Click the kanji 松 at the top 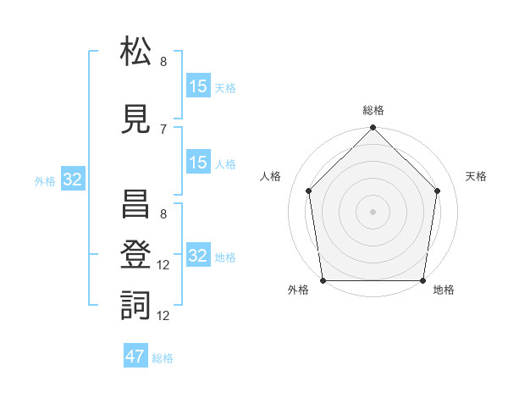click(x=135, y=51)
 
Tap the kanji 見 click(x=135, y=119)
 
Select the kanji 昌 click(x=135, y=204)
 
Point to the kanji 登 click(x=135, y=254)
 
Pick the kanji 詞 click(x=135, y=306)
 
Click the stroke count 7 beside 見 click(x=163, y=130)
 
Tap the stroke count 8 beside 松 click(x=163, y=62)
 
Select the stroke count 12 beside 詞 click(x=163, y=316)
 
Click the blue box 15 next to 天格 click(x=199, y=86)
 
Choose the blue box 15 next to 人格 click(x=199, y=162)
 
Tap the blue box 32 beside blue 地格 click(x=199, y=254)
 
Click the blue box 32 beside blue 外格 click(x=73, y=179)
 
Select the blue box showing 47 click(x=135, y=355)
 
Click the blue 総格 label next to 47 click(x=163, y=358)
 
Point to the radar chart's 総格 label click(x=373, y=110)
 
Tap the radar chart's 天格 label click(x=476, y=176)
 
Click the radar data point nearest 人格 click(x=309, y=191)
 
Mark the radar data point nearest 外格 click(x=323, y=280)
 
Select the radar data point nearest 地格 click(x=422, y=280)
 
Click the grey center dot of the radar click(x=373, y=212)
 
